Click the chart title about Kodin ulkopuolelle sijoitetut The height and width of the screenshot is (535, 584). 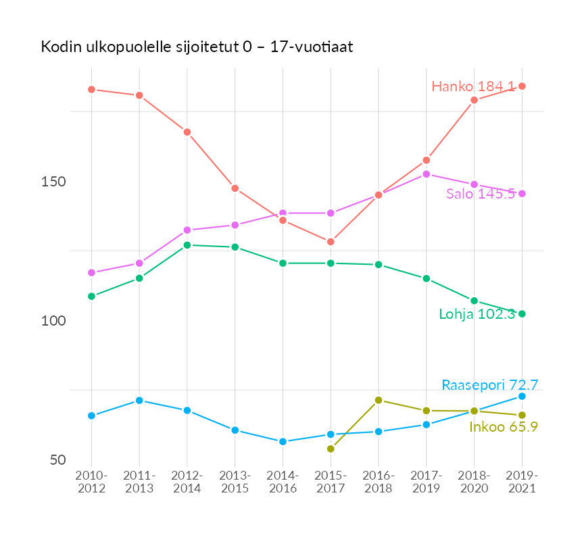[x=197, y=48]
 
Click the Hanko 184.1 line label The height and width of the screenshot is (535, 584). [x=473, y=86]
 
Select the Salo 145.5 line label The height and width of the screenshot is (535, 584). [x=481, y=194]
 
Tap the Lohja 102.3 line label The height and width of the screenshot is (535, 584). [x=477, y=314]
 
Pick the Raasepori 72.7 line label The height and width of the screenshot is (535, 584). [x=489, y=386]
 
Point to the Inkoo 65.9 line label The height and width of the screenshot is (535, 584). [x=503, y=427]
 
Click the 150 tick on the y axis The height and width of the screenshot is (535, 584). [x=53, y=182]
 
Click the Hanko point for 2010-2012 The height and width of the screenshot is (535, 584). [x=91, y=90]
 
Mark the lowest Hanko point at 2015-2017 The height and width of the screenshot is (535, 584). [x=331, y=242]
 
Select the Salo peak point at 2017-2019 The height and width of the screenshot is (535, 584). [x=427, y=174]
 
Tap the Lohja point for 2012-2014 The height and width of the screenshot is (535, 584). [x=187, y=245]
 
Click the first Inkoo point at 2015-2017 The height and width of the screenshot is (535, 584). [x=331, y=449]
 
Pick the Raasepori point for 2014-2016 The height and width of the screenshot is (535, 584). [x=283, y=442]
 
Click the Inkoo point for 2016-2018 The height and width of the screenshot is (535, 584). [x=379, y=400]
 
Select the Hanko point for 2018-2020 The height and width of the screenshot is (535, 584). [x=474, y=100]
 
